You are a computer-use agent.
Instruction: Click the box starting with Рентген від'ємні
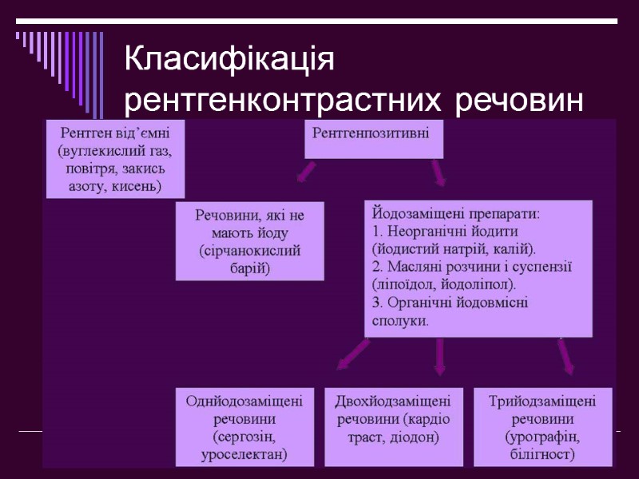click(x=115, y=159)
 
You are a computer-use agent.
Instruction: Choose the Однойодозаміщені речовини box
click(x=244, y=426)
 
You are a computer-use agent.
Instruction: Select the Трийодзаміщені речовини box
click(x=542, y=426)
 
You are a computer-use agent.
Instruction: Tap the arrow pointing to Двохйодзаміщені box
click(x=439, y=357)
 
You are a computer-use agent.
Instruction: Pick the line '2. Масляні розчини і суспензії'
click(x=472, y=266)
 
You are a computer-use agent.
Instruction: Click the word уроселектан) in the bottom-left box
click(x=244, y=455)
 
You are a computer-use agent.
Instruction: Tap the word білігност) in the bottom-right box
click(x=542, y=455)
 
